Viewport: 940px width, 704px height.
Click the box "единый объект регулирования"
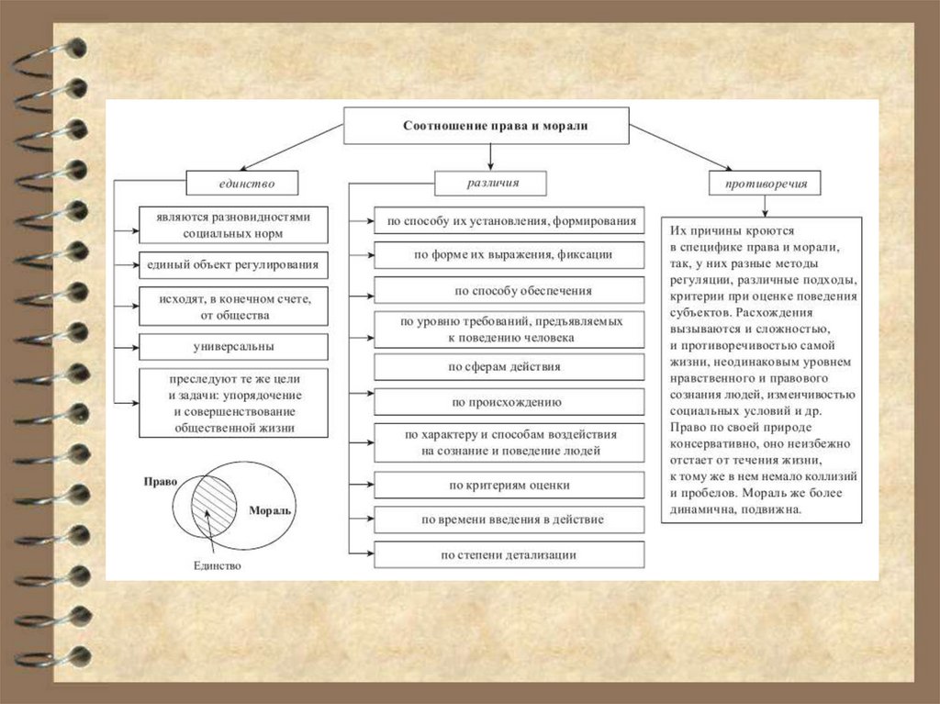pos(233,265)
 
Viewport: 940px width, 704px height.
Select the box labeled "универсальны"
pos(233,347)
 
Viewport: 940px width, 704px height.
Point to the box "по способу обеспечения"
pos(510,291)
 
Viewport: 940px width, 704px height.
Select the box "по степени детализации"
pos(510,554)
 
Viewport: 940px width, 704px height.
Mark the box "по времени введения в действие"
pos(510,520)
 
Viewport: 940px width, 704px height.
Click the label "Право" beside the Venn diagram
pos(160,481)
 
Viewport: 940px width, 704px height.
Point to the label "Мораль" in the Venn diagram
pos(271,509)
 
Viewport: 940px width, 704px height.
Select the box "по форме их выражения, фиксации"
pos(510,254)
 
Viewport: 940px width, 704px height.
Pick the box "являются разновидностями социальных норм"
pos(233,224)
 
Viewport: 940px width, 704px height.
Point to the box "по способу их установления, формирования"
pos(510,221)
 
